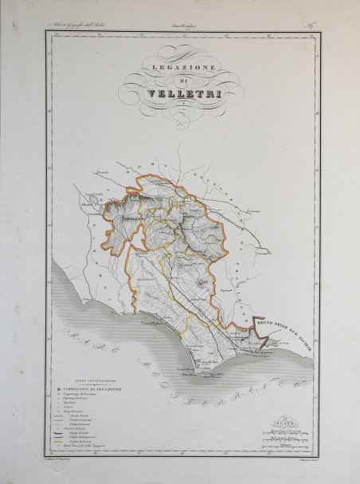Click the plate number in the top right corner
(x=307, y=28)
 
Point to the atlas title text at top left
(x=79, y=29)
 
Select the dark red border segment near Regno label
(x=253, y=323)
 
